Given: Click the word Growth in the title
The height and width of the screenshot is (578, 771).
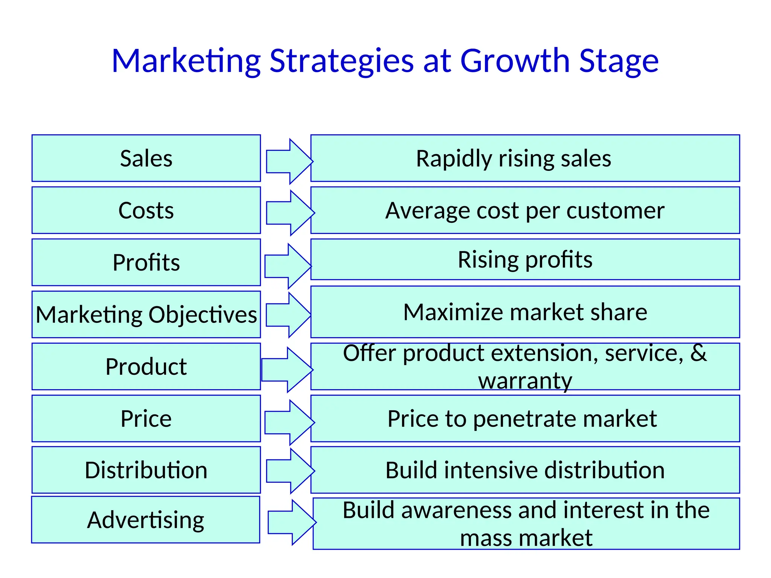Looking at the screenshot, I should [x=515, y=61].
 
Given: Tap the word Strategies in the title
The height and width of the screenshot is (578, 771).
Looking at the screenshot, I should [x=341, y=61].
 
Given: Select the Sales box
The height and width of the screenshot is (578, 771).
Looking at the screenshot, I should [x=146, y=158].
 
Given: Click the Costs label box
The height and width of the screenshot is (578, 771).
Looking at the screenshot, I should [x=146, y=210].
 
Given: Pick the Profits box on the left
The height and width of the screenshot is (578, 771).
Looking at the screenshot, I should [x=146, y=262].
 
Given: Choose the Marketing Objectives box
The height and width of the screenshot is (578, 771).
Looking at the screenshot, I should [x=146, y=314].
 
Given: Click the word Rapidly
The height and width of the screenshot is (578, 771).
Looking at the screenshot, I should [x=453, y=159].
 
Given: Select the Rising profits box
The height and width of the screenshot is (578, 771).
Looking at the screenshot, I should [x=525, y=260].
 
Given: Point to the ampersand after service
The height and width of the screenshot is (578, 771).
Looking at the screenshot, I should [x=698, y=353].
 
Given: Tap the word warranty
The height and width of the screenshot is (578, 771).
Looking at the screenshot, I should [x=525, y=381].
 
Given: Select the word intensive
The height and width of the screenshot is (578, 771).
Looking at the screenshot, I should [x=491, y=470].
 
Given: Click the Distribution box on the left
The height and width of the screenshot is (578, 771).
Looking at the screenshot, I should [x=146, y=470].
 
